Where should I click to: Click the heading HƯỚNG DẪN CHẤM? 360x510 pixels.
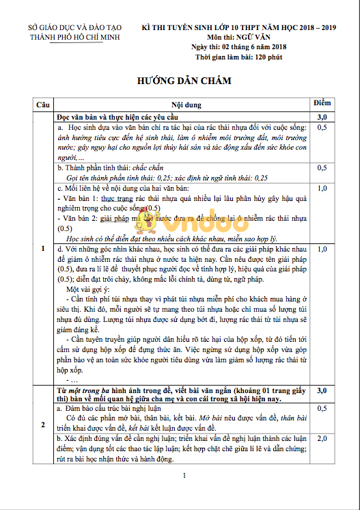[180, 80]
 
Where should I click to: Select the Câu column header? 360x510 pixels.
[44, 105]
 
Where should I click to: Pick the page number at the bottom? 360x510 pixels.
[180, 476]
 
